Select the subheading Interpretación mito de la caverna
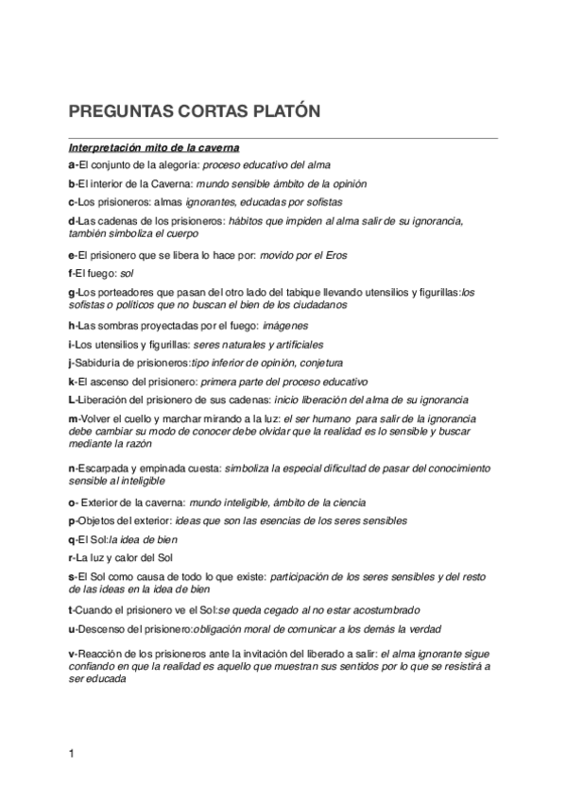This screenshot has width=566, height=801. [x=153, y=148]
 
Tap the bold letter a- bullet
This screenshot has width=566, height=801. [x=73, y=164]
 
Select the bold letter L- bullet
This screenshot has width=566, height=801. [x=73, y=399]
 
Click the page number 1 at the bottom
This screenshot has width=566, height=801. [x=72, y=753]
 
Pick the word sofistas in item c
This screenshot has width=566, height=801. [x=322, y=202]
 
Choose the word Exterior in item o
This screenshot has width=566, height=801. [x=106, y=503]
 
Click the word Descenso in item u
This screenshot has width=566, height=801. [x=106, y=629]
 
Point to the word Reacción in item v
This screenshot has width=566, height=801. [x=106, y=653]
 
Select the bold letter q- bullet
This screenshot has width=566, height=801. [x=73, y=538]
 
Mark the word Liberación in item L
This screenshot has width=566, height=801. [x=107, y=399]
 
